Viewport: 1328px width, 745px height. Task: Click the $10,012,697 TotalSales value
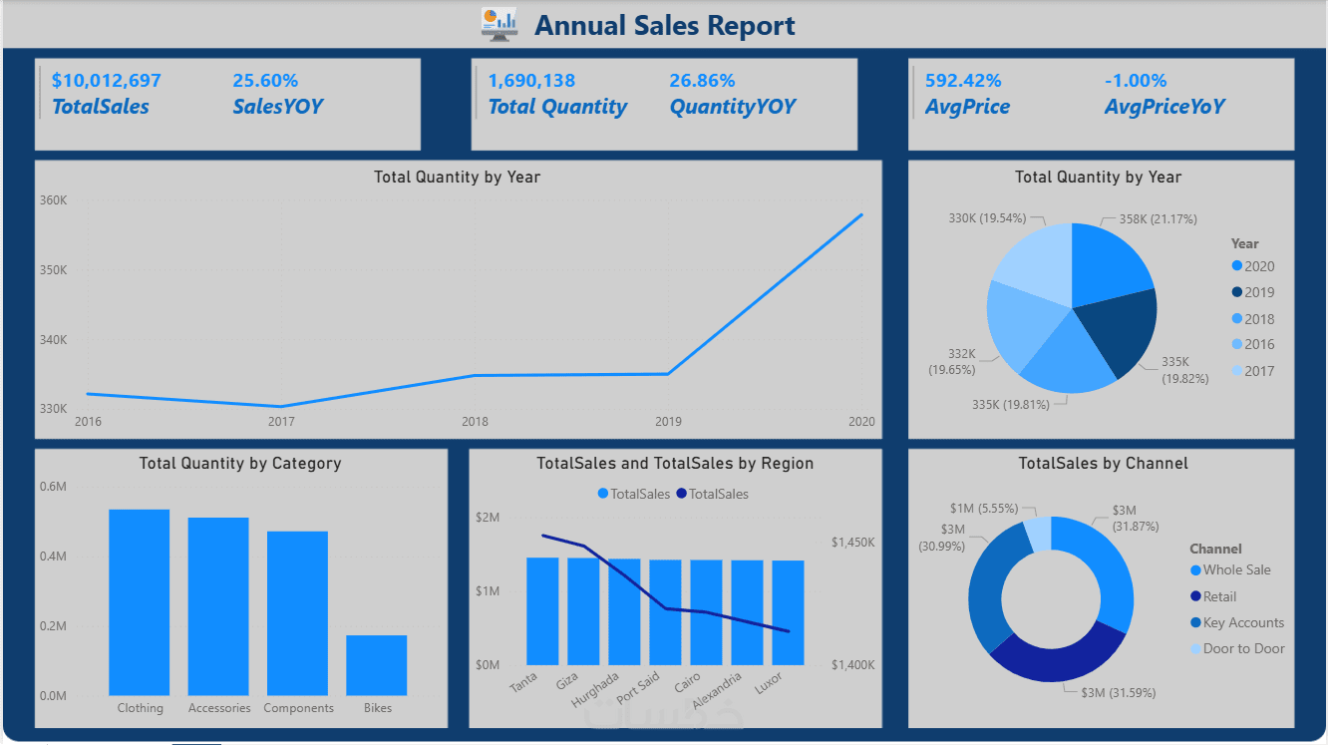tap(106, 81)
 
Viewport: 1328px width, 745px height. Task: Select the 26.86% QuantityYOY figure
tap(702, 81)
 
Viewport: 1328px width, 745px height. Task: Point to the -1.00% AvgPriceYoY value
tap(1135, 81)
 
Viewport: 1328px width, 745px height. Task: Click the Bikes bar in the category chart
tap(377, 664)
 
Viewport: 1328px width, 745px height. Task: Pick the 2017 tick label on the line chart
tap(281, 422)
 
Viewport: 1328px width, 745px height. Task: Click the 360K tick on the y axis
tap(54, 200)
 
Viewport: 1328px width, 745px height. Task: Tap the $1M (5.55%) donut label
tap(983, 509)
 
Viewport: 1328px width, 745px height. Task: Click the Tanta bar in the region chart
tap(542, 610)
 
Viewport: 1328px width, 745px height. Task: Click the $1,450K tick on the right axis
tap(852, 543)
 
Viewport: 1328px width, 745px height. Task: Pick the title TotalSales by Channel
tap(1103, 464)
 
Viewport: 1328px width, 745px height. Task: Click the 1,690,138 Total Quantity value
tap(531, 81)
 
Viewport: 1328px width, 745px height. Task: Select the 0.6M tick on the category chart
tap(54, 487)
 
